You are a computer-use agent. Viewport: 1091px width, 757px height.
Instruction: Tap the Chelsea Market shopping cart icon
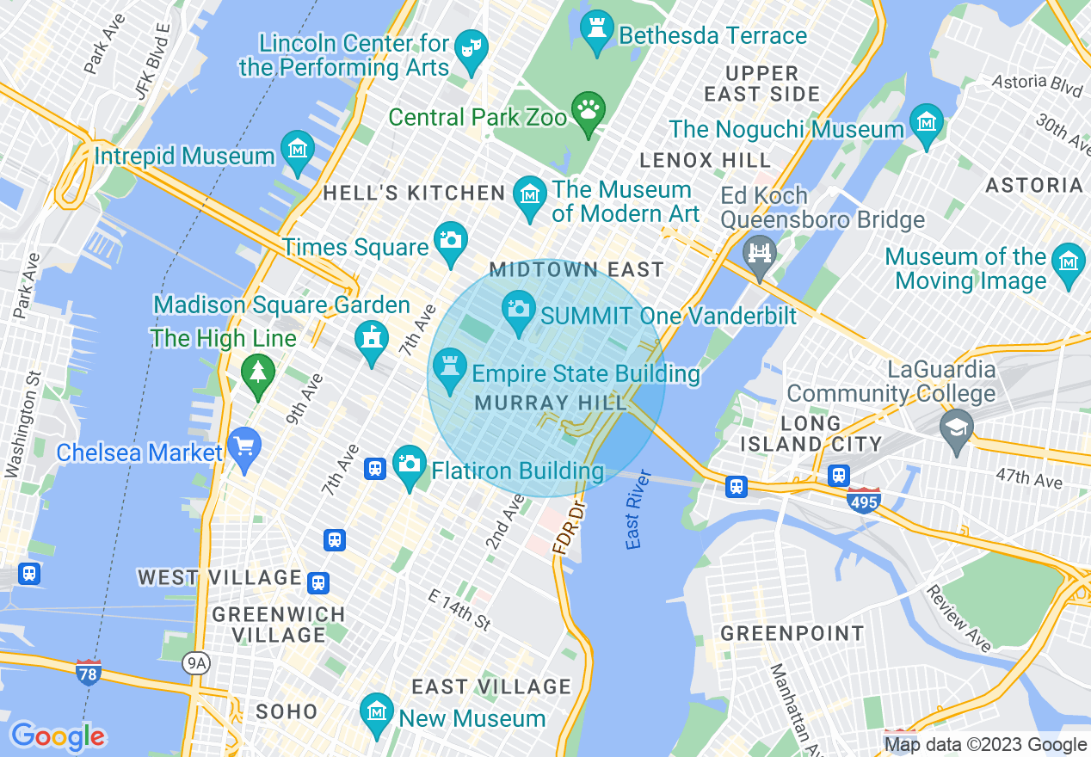click(245, 448)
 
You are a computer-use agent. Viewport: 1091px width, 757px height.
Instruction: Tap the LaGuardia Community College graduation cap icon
click(956, 429)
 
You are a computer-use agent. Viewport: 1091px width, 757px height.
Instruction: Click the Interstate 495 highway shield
click(863, 500)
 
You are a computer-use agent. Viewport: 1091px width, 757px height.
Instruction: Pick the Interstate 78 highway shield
click(88, 670)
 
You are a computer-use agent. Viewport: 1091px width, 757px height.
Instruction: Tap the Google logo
click(58, 736)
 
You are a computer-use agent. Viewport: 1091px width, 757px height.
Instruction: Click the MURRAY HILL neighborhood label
click(533, 403)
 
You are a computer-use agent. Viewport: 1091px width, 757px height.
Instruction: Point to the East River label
click(635, 520)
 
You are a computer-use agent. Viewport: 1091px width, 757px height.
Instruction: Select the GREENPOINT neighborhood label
click(792, 634)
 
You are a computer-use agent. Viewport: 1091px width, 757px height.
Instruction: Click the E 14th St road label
click(459, 609)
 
